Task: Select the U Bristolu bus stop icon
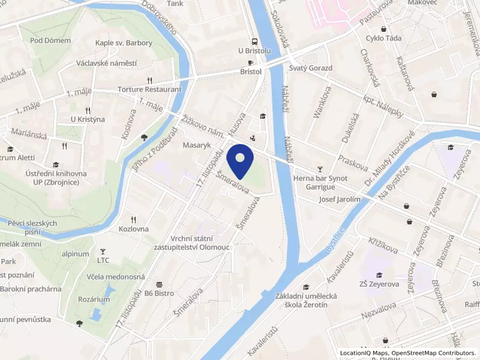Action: (254, 41)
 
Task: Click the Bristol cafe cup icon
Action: (251, 62)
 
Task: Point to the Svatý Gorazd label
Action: (310, 68)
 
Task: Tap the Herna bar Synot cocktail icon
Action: (320, 169)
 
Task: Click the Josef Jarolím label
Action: (340, 199)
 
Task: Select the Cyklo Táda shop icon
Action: (383, 29)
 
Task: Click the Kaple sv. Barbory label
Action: (124, 43)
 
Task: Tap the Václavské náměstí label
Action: (107, 63)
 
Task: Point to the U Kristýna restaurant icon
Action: (88, 110)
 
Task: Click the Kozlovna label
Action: (134, 229)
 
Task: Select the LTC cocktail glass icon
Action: (103, 251)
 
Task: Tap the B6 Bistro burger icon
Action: (159, 284)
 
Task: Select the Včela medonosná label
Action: (116, 277)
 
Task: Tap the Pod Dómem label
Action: (50, 41)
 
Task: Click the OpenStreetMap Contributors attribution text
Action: (433, 353)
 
